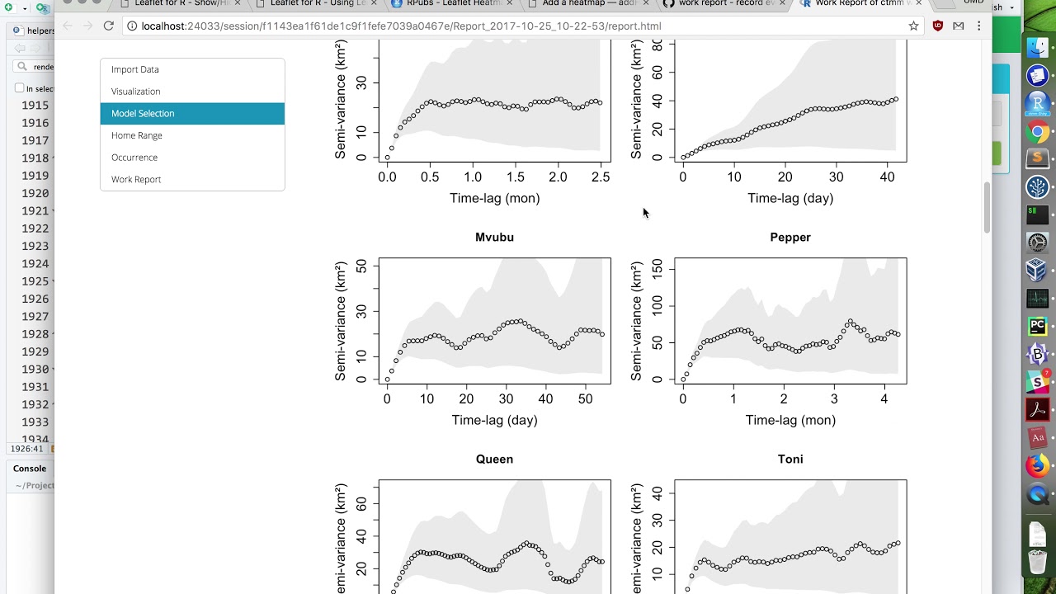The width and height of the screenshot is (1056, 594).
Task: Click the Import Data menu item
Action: coord(135,69)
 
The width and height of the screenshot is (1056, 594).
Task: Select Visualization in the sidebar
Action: coord(136,92)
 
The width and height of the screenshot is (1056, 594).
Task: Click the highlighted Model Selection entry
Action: coord(143,113)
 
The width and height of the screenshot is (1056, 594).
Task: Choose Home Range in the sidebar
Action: coord(137,135)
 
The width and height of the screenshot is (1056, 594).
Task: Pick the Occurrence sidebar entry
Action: coord(134,158)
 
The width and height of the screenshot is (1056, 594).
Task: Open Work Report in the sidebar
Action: coord(136,179)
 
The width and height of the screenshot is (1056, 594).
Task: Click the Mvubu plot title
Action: coord(494,238)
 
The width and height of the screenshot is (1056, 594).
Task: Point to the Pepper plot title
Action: coord(790,238)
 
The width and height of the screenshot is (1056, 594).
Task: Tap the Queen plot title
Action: coord(494,460)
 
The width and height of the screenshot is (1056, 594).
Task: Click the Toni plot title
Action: coord(790,460)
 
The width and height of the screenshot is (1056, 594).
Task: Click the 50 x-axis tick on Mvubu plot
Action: coord(585,399)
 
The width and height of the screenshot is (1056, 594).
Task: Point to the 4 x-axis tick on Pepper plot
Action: coord(884,399)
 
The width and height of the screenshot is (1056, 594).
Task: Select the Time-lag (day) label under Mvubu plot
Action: coord(494,421)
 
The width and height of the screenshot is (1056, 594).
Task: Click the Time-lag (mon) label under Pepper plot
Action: coord(790,421)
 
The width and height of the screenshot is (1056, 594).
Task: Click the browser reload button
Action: coord(108,26)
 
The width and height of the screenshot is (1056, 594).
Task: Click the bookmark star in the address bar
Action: coord(913,26)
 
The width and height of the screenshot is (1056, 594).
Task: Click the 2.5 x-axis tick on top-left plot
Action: coord(601,177)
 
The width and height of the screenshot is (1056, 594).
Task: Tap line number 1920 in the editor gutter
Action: coord(35,193)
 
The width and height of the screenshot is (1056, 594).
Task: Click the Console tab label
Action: coord(30,469)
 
